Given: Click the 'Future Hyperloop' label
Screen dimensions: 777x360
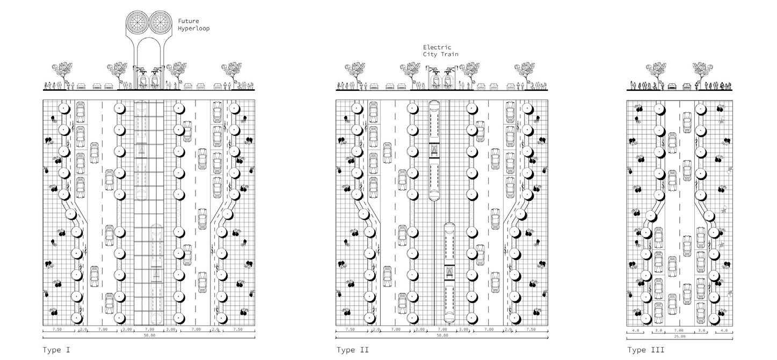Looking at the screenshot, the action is pos(193,25).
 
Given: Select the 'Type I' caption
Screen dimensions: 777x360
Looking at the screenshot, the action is pos(56,350).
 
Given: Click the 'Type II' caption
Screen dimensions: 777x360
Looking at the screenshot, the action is pos(353,350).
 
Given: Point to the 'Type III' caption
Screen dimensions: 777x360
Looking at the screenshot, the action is pos(646,350).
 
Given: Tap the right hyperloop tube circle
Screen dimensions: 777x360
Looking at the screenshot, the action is pos(161,21).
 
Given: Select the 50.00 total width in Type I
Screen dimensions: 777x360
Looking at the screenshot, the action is pos(149,335).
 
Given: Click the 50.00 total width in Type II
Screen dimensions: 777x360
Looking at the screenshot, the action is pos(442,335).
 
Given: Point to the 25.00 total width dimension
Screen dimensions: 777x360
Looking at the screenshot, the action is pos(679,336).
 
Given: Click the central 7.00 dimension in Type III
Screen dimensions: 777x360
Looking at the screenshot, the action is pos(679,330).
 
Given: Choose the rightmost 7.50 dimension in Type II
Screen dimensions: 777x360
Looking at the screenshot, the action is pos(531,329).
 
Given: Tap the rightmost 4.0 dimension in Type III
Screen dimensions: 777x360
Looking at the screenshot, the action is pos(724,330).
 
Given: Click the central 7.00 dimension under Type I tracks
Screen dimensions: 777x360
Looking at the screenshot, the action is pos(149,329).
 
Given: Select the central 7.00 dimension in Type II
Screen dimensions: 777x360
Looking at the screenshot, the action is pos(442,329).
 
